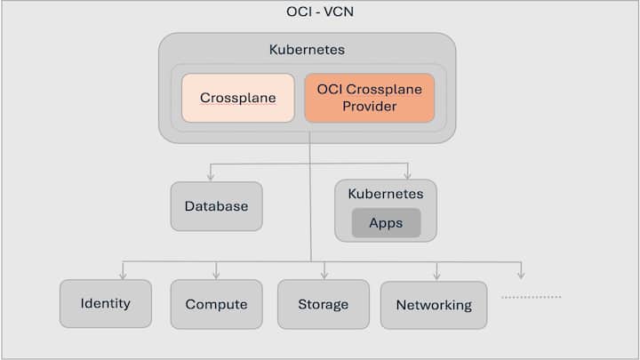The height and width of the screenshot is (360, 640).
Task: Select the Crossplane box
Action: click(x=237, y=98)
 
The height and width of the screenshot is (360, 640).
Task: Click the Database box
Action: click(x=216, y=206)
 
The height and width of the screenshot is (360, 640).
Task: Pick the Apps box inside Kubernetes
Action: click(x=386, y=222)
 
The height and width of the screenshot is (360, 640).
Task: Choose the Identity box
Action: click(x=105, y=303)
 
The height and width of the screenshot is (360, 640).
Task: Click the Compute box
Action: click(x=216, y=304)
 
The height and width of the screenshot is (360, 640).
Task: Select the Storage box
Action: click(x=323, y=304)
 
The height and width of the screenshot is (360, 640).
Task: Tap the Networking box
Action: click(x=434, y=305)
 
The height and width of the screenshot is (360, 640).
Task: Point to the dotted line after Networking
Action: click(x=531, y=297)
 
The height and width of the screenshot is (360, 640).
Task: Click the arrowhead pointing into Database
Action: click(x=210, y=176)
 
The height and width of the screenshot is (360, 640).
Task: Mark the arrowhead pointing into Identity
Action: click(x=123, y=275)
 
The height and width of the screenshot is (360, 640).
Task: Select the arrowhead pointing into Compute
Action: click(x=216, y=275)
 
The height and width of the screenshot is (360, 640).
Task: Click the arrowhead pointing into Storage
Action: click(x=324, y=275)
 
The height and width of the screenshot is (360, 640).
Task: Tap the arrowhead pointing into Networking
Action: click(x=436, y=275)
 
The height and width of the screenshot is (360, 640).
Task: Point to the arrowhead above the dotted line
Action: click(x=521, y=275)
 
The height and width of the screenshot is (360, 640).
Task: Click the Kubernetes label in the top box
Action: click(x=307, y=50)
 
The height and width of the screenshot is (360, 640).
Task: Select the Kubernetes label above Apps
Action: click(x=386, y=193)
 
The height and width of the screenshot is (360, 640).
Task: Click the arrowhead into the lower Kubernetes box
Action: click(x=407, y=175)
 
